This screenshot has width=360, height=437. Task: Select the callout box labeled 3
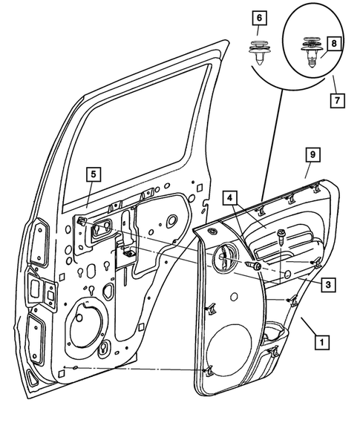[x=326, y=283]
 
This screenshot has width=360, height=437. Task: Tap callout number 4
[x=230, y=198]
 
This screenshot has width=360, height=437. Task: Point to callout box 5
[x=93, y=175]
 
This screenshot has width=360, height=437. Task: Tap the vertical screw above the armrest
[x=282, y=240]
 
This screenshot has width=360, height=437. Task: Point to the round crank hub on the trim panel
[x=225, y=260]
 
